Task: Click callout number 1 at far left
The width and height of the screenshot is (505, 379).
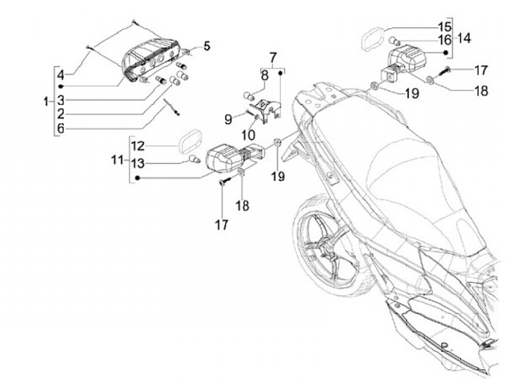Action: pos(46,102)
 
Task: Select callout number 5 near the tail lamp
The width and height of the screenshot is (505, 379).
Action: pos(207,46)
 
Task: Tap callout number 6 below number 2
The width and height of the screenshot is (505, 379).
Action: pos(61,128)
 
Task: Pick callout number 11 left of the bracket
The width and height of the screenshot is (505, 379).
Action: pos(116,161)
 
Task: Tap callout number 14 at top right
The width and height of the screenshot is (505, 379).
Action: pos(464,39)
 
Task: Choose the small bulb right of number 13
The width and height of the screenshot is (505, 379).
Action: pos(197,162)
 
